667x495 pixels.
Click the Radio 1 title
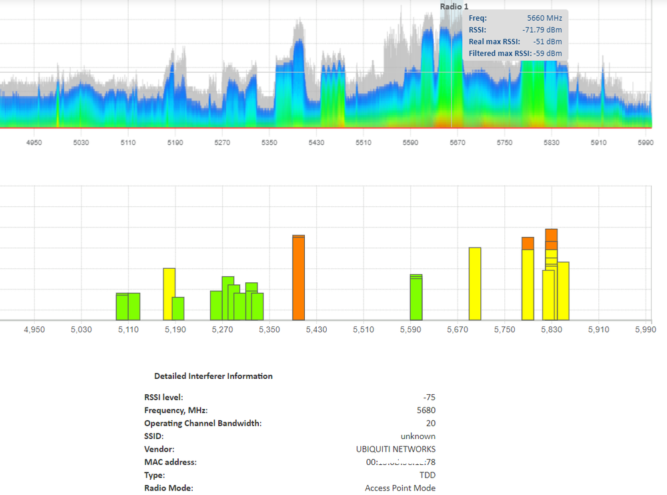(454, 6)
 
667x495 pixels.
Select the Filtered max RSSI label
(500, 53)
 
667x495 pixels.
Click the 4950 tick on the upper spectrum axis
(33, 143)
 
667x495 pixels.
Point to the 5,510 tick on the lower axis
(363, 330)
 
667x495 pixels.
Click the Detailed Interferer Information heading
(213, 376)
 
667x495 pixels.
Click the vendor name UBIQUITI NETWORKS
(396, 449)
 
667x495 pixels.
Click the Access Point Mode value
(400, 488)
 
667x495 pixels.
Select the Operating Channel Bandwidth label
(203, 423)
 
